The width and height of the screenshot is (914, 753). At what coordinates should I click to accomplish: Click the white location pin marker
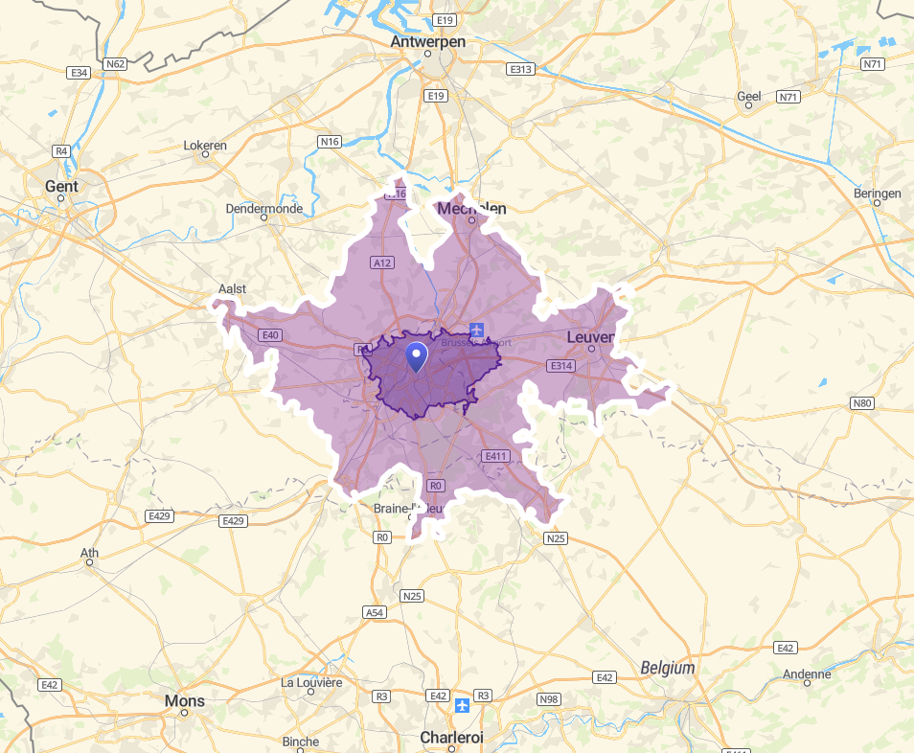point(417,356)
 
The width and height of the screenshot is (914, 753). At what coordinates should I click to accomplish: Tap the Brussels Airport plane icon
point(477,331)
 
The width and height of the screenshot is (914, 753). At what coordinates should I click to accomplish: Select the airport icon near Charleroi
point(463,705)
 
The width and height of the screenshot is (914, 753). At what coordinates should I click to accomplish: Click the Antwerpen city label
point(428,42)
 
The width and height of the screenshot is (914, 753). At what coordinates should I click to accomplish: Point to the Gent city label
point(61,186)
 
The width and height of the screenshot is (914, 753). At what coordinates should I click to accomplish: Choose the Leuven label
point(590,337)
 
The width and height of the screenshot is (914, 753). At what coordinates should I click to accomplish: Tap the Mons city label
point(185,701)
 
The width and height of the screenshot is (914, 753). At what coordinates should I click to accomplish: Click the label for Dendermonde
point(264,209)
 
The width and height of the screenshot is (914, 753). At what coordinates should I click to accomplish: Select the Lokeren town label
point(205,146)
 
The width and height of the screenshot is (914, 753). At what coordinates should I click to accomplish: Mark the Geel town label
point(748,96)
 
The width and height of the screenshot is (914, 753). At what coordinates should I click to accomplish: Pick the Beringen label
point(877,194)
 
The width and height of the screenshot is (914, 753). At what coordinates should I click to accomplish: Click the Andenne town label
point(807,674)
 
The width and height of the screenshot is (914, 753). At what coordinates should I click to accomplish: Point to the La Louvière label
point(311,682)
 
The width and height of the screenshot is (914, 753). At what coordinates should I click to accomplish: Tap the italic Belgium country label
point(668,668)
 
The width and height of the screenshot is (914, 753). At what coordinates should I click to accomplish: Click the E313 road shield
point(521,69)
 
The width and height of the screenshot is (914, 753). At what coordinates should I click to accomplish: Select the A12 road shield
point(382,262)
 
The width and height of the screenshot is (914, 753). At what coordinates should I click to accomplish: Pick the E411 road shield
point(495,456)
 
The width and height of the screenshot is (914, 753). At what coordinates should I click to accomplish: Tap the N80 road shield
point(862,403)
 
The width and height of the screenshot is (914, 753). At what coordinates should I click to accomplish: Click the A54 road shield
point(375,612)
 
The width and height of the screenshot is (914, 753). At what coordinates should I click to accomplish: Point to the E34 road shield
point(79,73)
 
